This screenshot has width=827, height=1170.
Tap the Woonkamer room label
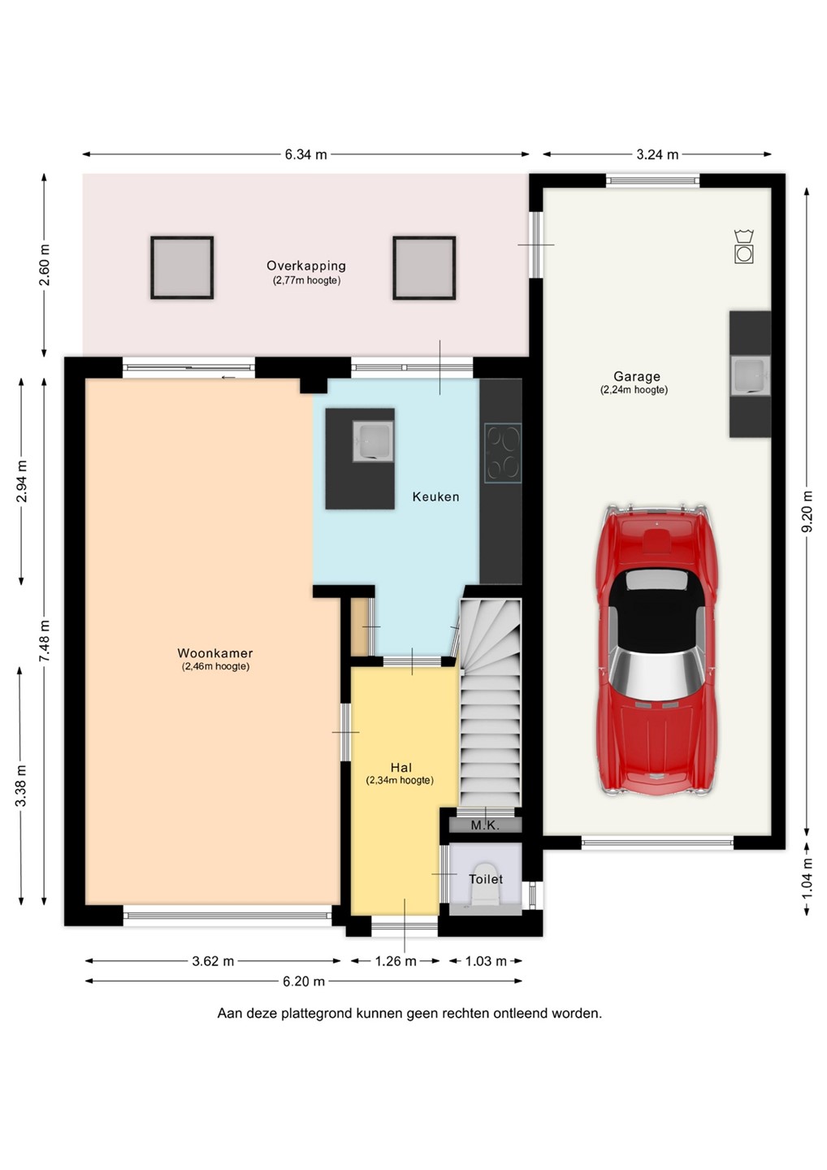pos(215,652)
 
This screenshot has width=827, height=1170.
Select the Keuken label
pos(436,496)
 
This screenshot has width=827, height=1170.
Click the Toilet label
pos(486,879)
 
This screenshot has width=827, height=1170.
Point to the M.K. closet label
pos(486,825)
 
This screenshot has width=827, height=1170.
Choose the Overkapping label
pos(306,266)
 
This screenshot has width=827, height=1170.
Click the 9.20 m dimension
pos(808,511)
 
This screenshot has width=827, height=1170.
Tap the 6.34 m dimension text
pos(306,154)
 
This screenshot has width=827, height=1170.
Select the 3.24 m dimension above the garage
pos(657,154)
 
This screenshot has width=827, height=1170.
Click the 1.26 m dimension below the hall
pos(396,960)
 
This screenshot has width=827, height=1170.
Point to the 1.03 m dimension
pos(486,960)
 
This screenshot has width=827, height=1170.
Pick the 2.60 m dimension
pos(45,265)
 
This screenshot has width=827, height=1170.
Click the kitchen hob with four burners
pos(503,453)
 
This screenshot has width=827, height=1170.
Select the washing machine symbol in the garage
pos(744,246)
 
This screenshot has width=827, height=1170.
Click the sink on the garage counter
pos(751,375)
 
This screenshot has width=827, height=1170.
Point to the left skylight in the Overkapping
pos(182,267)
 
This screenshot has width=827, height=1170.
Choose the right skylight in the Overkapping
pos(424,267)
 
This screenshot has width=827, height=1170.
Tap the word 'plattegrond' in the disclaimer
pos(317,1014)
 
